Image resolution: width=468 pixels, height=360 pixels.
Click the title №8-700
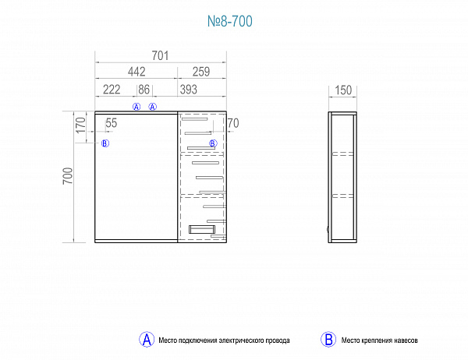230,21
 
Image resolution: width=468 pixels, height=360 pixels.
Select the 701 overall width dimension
160,56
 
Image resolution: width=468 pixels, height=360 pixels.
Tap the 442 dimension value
136,72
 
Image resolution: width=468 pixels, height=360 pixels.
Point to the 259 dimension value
201,72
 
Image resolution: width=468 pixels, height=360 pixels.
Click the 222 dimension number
112,90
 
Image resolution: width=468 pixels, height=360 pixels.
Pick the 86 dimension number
144,90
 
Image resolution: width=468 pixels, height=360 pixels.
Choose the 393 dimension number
189,90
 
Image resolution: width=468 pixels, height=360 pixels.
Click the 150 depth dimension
343,90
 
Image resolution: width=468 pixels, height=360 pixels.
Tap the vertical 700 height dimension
68,175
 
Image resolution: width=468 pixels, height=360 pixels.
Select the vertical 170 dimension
80,125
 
